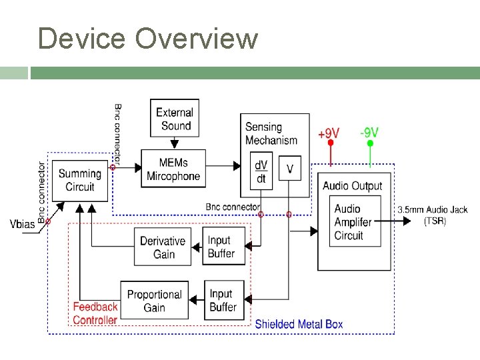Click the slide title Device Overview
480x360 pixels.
147,39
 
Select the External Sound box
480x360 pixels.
175,119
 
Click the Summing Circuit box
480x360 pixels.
79,180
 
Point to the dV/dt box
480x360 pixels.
261,170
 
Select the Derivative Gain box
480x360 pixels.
163,247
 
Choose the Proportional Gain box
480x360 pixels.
154,301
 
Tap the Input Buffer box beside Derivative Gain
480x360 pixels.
222,247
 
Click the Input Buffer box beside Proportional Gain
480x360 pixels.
223,300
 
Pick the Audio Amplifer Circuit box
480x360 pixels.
353,222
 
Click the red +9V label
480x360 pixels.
328,133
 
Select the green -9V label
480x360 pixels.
369,133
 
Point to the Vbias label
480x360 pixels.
23,224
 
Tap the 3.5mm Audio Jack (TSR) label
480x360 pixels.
434,215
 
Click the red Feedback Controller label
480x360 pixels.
95,313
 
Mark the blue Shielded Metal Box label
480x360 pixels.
299,325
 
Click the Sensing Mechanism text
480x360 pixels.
271,133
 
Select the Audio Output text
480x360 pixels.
352,186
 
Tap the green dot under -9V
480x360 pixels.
370,143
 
